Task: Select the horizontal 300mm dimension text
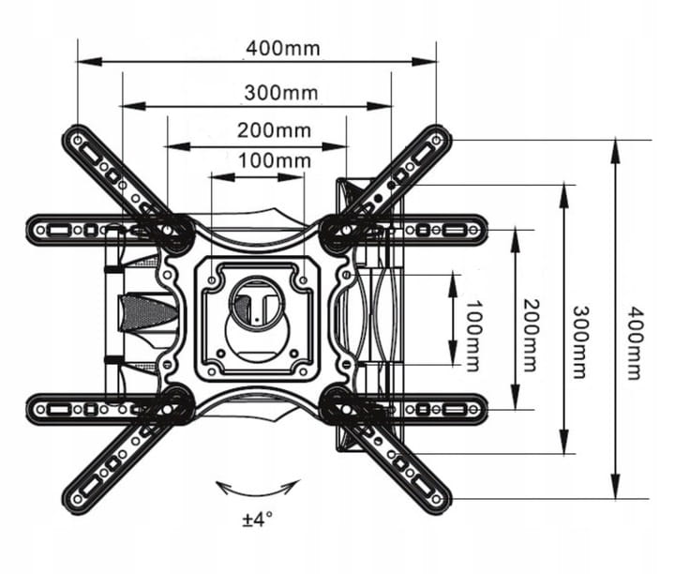click(280, 92)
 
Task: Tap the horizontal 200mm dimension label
click(273, 130)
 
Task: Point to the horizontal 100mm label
click(274, 160)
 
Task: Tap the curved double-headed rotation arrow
click(258, 490)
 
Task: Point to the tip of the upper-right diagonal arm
click(439, 138)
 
